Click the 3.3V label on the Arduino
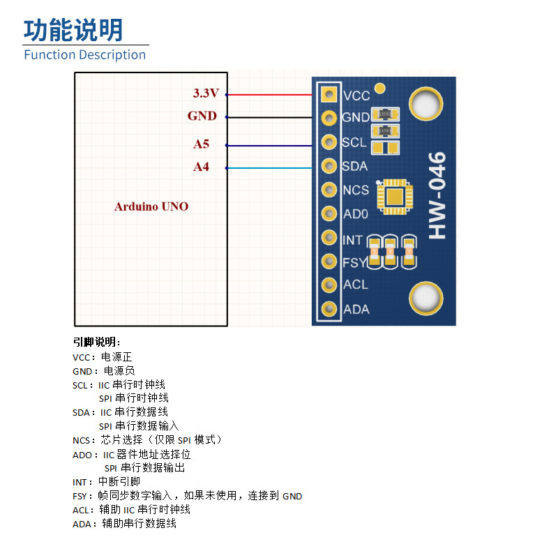[x=206, y=93]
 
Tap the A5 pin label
[x=201, y=144]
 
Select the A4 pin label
[x=201, y=167]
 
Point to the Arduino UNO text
[x=151, y=206]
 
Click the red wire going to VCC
[x=269, y=94]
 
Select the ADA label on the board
[x=356, y=309]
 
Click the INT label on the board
[x=353, y=240]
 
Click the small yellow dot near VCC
[x=380, y=88]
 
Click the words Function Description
[x=85, y=54]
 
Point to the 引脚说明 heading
[x=96, y=342]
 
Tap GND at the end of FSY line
[x=292, y=496]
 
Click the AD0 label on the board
[x=355, y=214]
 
